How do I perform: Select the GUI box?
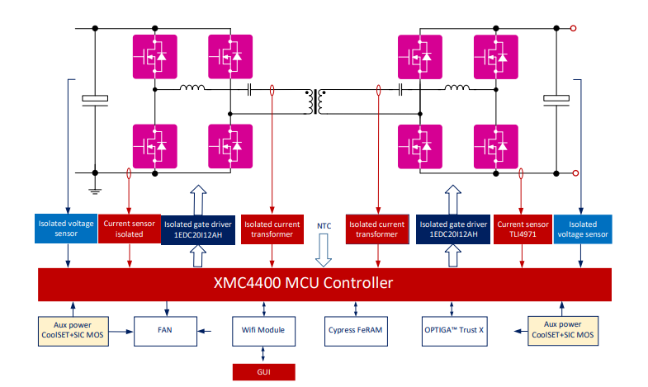point(263,372)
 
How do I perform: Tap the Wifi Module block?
point(263,330)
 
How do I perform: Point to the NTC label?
point(324,225)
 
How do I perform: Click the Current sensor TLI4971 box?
point(522,229)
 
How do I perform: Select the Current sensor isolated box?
point(129,229)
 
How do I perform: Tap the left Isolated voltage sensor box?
point(66,229)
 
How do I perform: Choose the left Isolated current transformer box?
point(272,229)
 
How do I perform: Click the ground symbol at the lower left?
point(96,191)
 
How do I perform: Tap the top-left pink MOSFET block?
point(154,55)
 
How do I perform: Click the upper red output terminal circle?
point(575,28)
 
